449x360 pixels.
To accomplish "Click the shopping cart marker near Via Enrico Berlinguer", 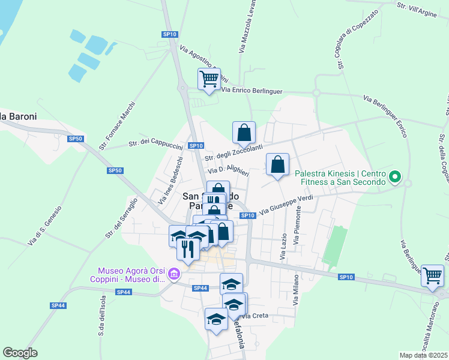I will tap(209, 79).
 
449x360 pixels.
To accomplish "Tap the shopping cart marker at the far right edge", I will tap(432, 276).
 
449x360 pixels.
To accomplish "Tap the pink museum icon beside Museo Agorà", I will tap(175, 275).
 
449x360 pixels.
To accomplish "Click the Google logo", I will tap(20, 353).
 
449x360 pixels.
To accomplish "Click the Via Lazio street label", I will tap(283, 247).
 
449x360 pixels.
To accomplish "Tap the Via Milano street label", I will tap(296, 290).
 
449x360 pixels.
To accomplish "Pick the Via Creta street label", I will tap(255, 316).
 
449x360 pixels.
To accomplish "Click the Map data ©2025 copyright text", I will tap(423, 355).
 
